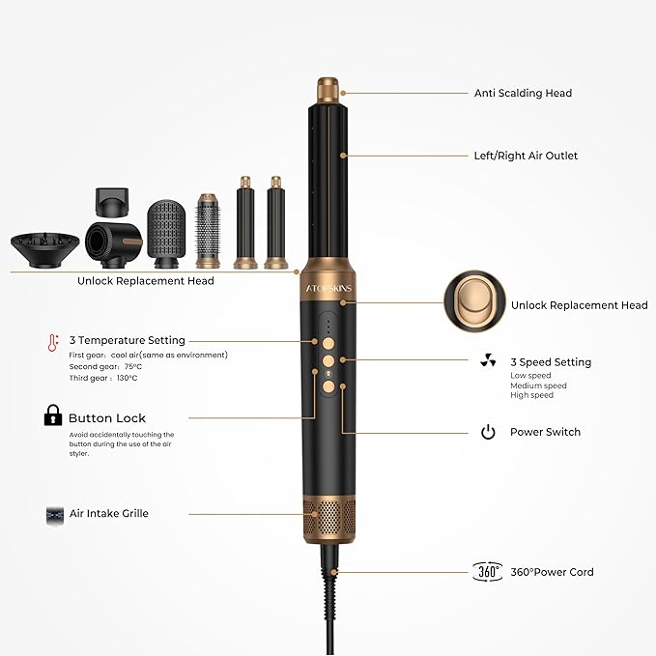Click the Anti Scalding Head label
(523, 93)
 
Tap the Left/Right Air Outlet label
(526, 156)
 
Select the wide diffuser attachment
(44, 250)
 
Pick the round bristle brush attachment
(207, 231)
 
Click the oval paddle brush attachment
(166, 234)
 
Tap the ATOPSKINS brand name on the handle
(328, 288)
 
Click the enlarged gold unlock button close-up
(474, 301)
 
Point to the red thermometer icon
(53, 343)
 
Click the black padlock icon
(53, 415)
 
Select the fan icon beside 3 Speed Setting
(488, 360)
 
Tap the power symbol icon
(488, 432)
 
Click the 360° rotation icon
(487, 572)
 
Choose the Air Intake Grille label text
(109, 513)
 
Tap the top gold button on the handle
(328, 344)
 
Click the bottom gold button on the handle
(328, 386)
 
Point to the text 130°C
(128, 378)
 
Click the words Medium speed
(538, 385)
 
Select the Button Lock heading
(107, 418)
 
